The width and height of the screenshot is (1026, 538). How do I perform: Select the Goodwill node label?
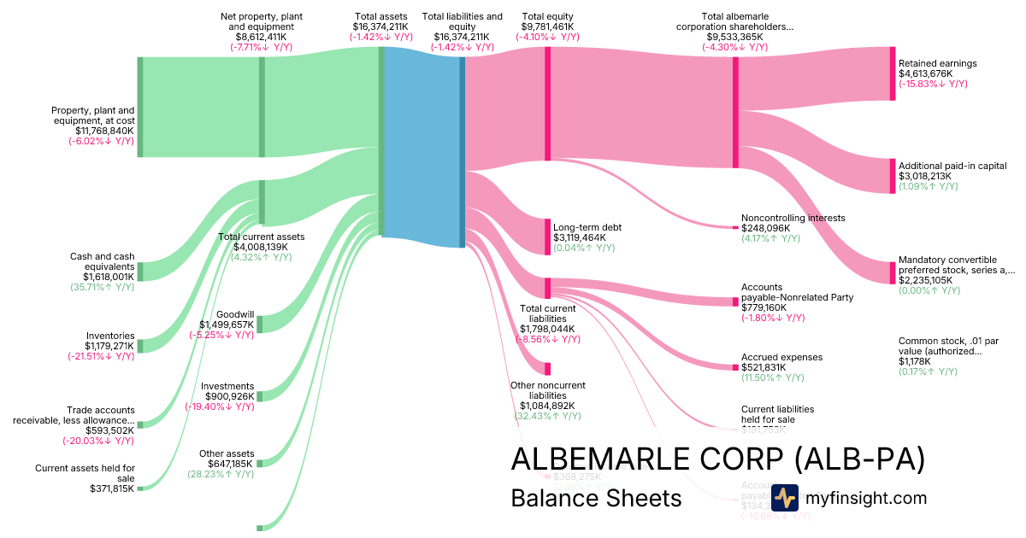click(234, 314)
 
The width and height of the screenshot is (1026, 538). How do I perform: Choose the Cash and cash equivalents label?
click(102, 261)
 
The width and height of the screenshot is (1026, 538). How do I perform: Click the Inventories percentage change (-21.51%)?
click(101, 356)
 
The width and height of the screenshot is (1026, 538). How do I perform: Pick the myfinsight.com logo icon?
click(784, 498)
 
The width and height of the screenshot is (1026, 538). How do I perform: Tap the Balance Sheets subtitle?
click(596, 498)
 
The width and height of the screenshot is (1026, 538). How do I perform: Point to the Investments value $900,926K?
click(227, 396)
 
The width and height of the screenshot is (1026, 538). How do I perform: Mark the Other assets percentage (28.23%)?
click(221, 474)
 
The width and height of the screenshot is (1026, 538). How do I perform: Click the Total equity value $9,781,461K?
click(547, 26)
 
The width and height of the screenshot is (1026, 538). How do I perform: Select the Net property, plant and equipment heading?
click(261, 21)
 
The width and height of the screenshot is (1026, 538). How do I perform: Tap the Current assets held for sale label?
click(85, 473)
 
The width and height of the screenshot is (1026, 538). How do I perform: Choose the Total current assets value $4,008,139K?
click(261, 247)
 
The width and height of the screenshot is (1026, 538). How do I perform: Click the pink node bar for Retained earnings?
click(893, 73)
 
